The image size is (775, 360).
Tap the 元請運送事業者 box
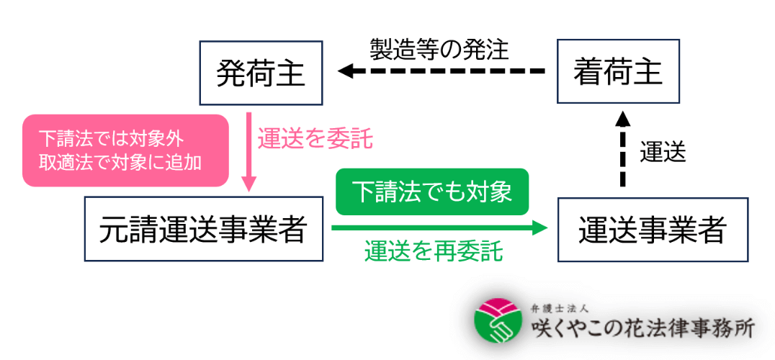204,229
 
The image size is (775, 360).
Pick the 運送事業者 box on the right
653,229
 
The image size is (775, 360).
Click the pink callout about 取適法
125,150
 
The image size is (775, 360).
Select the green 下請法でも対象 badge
431,192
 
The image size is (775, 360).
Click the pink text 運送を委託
315,138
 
